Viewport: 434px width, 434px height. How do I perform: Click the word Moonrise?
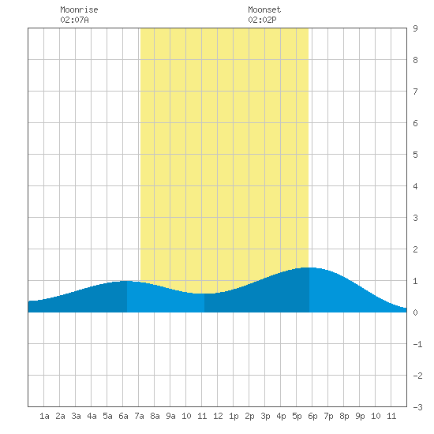[79, 9]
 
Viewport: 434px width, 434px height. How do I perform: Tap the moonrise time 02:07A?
[74, 20]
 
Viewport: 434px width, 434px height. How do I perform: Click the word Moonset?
[264, 9]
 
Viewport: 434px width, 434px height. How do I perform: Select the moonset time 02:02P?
[262, 20]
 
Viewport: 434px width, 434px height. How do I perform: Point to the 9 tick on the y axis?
[415, 28]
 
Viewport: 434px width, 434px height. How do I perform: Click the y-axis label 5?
[415, 155]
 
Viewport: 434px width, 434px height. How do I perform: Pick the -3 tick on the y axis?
[417, 407]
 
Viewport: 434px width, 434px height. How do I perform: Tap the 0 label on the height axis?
[415, 312]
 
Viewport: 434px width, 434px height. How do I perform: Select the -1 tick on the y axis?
[417, 344]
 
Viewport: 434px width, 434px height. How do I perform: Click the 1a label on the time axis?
[44, 416]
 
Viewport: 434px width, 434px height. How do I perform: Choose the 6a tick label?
[123, 416]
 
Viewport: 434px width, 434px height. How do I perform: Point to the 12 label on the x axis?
[218, 416]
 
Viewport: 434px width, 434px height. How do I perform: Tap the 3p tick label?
[265, 416]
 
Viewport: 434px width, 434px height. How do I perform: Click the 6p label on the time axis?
[312, 416]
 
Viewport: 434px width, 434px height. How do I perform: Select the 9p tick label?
[360, 416]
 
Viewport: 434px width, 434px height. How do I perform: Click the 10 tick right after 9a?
[186, 416]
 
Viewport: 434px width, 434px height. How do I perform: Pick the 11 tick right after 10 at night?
[391, 416]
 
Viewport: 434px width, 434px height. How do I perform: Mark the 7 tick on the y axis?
[415, 92]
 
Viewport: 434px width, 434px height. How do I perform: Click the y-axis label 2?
[415, 249]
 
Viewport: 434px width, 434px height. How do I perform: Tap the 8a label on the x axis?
[155, 416]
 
